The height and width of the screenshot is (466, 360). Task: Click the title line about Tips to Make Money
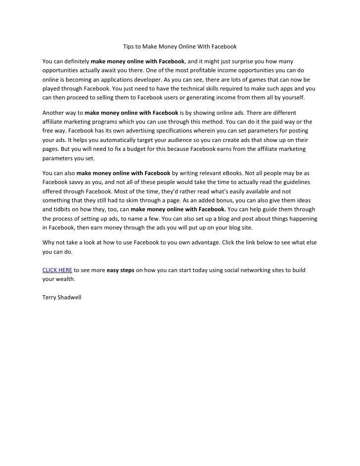point(180,47)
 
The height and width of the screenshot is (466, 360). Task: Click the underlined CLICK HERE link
point(57,270)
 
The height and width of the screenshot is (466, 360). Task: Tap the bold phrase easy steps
point(121,270)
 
